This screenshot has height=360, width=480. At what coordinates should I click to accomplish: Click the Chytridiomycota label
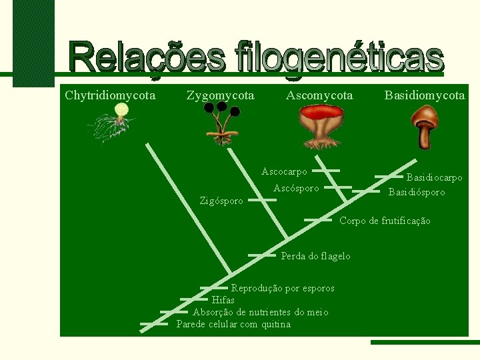coord(110,95)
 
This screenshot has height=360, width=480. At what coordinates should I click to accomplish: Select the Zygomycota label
coord(220,95)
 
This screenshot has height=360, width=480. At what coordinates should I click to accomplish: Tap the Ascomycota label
coord(319,95)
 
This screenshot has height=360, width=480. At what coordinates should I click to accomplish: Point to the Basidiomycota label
coord(425,95)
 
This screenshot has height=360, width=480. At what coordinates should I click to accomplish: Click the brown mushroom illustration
coord(423,127)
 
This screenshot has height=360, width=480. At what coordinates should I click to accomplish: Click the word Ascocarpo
coord(285,171)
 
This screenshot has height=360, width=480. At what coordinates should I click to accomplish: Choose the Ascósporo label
coord(296,189)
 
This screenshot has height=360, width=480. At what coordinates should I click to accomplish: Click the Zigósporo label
coord(222,201)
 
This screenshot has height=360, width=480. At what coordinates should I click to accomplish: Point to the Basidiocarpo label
coord(434,178)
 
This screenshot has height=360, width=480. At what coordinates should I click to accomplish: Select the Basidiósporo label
coord(417,193)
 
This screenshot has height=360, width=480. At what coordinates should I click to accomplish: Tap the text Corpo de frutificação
coord(385,221)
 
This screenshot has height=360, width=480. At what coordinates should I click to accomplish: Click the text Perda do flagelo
coord(315,256)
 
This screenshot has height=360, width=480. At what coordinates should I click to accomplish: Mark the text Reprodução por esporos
coord(283,288)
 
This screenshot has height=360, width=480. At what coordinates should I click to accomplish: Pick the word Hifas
coord(223,300)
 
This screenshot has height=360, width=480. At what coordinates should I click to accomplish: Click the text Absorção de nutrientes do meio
coord(260,312)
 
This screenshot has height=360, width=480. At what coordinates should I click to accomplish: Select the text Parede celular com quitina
coord(233,325)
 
